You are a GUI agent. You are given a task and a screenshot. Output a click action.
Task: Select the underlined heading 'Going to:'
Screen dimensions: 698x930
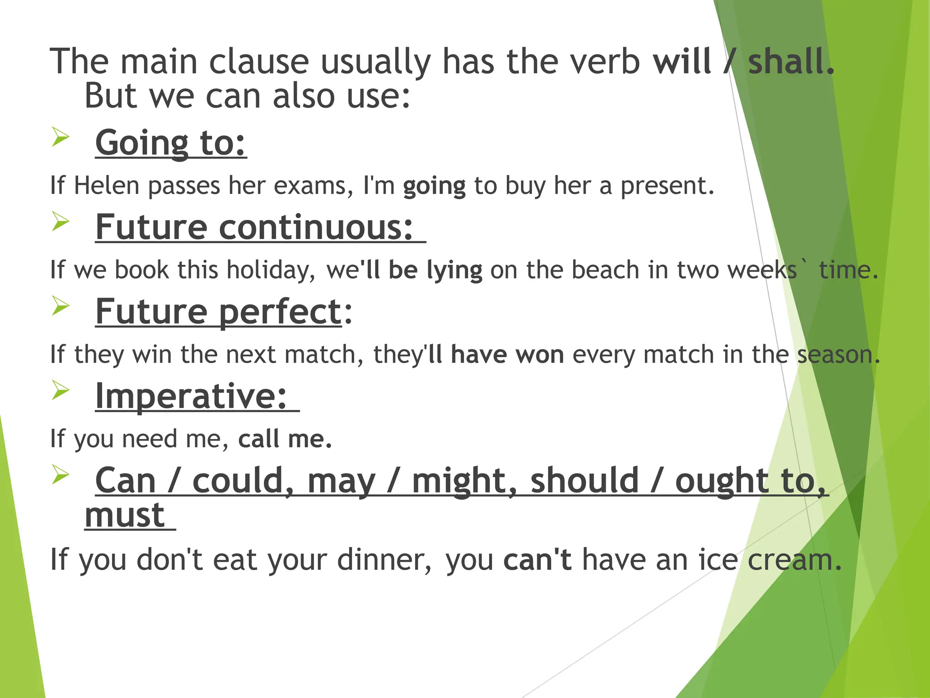170,143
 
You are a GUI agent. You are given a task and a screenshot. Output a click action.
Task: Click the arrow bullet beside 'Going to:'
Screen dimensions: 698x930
60,137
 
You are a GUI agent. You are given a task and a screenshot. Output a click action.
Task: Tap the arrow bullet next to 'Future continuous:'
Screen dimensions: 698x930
60,221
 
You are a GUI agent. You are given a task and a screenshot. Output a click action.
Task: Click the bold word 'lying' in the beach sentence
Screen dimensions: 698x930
454,270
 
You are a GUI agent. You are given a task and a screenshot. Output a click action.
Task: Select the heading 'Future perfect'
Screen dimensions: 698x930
218,312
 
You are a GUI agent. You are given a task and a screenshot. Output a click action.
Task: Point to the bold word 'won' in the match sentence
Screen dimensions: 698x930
540,354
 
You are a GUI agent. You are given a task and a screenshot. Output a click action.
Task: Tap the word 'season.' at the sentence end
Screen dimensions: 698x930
838,354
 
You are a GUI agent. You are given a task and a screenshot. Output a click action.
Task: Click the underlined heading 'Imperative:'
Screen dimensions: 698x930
191,396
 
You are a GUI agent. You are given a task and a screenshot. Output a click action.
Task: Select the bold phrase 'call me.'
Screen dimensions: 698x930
285,439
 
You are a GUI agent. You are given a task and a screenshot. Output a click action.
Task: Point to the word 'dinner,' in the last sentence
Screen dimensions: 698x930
384,559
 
